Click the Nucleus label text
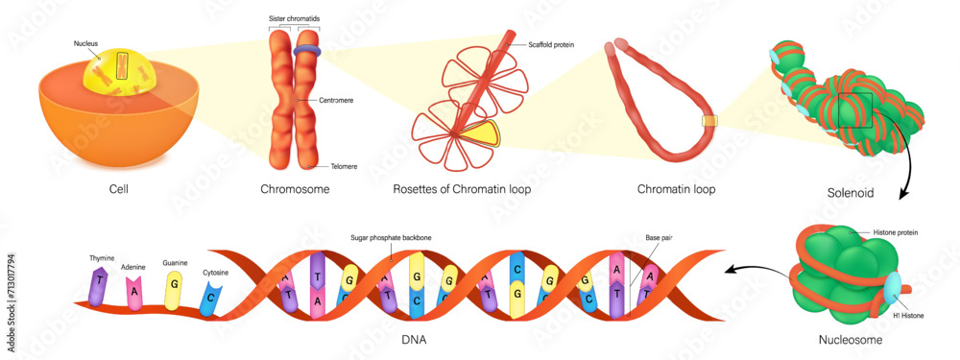85,43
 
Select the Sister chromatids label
293,18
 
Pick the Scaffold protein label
551,44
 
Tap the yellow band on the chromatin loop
709,122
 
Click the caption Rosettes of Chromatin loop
462,190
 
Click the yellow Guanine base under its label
174,285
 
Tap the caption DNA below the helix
415,340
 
